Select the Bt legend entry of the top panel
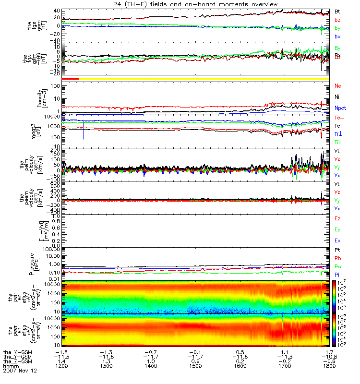click(337, 11)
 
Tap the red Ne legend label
click(338, 86)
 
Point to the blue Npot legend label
click(340, 108)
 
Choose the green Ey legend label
click(337, 229)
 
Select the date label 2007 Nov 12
click(20, 371)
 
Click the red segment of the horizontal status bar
click(70, 78)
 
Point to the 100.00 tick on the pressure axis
click(51, 250)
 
